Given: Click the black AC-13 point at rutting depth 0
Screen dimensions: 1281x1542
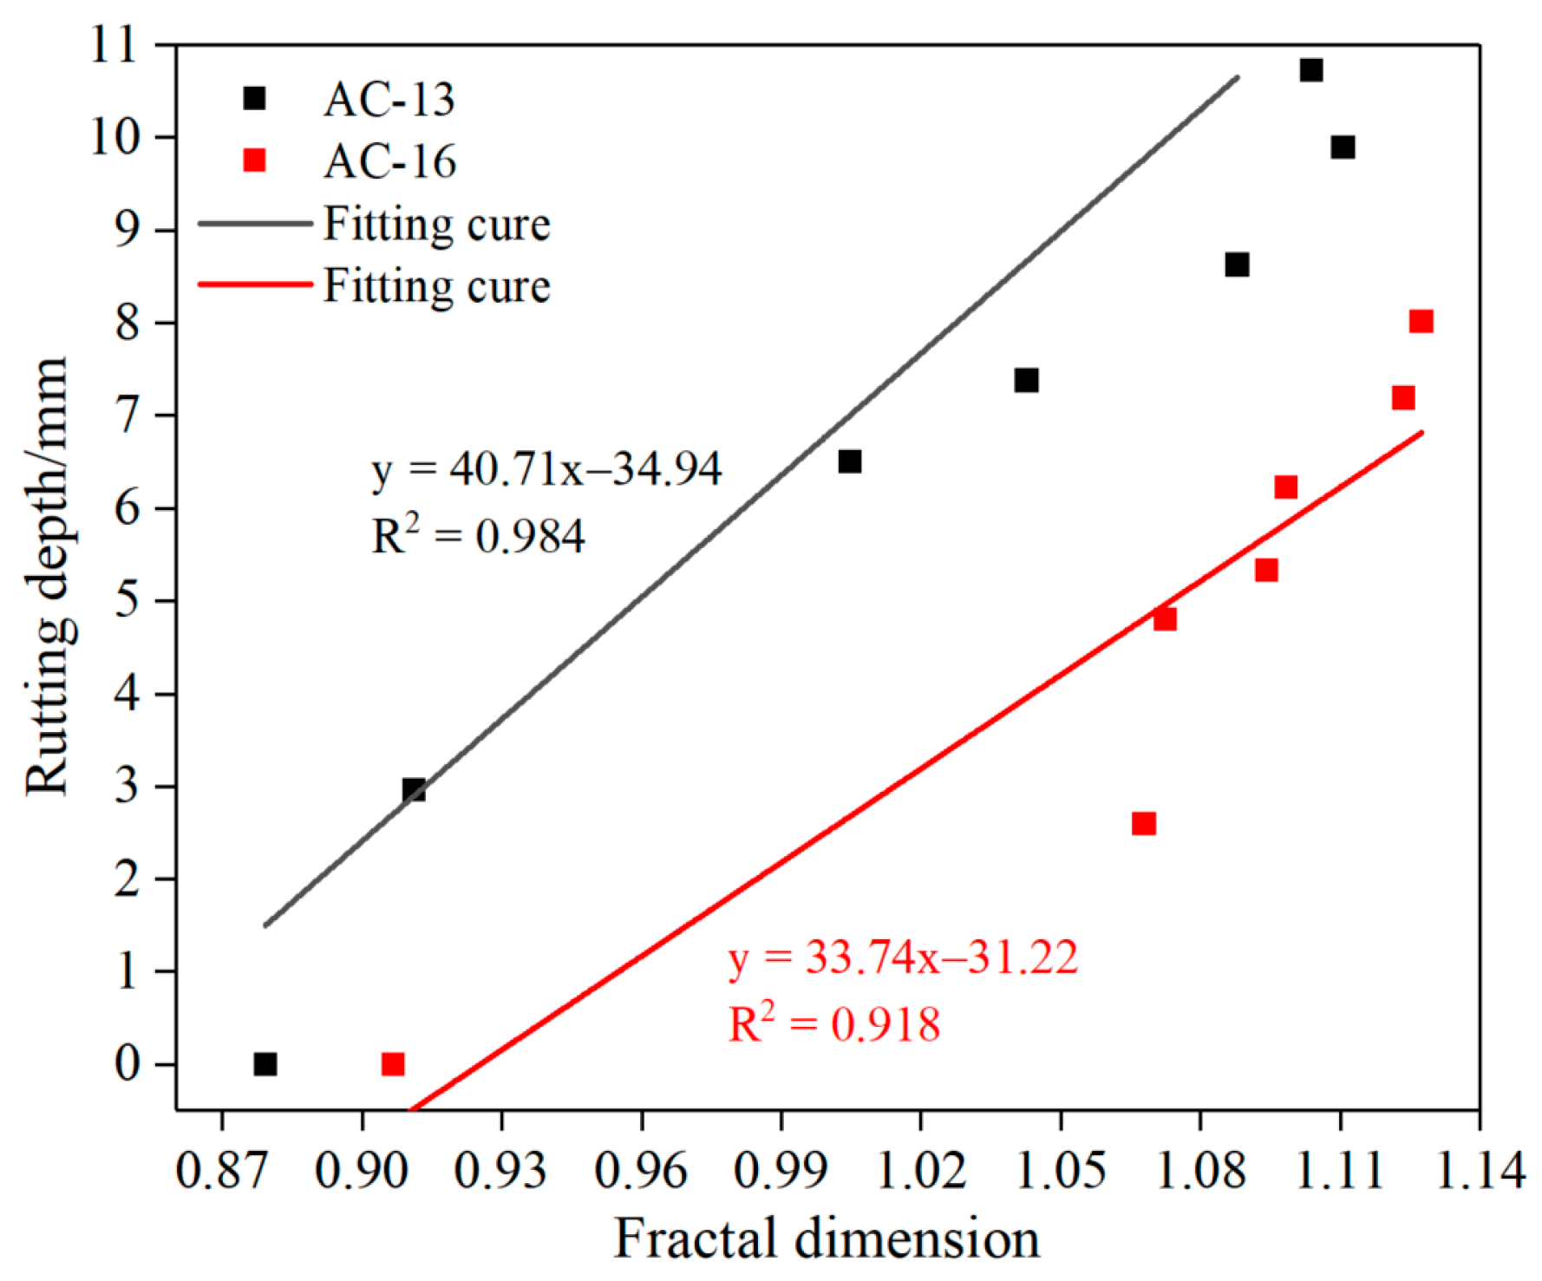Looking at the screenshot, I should [265, 1064].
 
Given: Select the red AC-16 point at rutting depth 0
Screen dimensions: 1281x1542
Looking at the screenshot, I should [393, 1064].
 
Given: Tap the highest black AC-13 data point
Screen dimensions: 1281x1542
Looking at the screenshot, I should [1311, 70].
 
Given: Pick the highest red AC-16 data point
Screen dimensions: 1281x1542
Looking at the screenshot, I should [1421, 322].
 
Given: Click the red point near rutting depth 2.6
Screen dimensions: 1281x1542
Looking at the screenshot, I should [1144, 823].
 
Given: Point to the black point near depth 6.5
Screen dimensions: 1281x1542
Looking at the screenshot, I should [850, 461].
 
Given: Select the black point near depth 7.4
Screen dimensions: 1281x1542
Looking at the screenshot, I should [1026, 381].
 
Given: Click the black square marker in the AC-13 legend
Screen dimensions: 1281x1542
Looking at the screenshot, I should [254, 98].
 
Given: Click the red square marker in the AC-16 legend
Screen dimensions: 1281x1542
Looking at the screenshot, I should [254, 160].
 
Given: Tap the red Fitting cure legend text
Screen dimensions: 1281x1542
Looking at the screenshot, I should [436, 286].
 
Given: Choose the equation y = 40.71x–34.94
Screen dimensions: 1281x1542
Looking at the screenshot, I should [546, 470].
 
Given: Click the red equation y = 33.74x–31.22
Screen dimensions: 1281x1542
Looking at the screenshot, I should [903, 958].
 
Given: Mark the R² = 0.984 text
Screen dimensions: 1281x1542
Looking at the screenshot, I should [478, 535].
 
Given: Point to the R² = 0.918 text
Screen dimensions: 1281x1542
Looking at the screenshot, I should [833, 1023].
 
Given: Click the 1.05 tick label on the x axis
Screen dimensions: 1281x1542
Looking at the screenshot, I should [1060, 1171].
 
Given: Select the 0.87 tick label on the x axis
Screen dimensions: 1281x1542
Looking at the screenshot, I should [222, 1171].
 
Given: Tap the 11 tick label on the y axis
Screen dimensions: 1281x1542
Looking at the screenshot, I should [114, 45].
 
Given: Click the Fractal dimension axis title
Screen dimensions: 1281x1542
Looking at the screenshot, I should [827, 1238].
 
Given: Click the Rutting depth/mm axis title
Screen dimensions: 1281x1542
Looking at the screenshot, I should [48, 575].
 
